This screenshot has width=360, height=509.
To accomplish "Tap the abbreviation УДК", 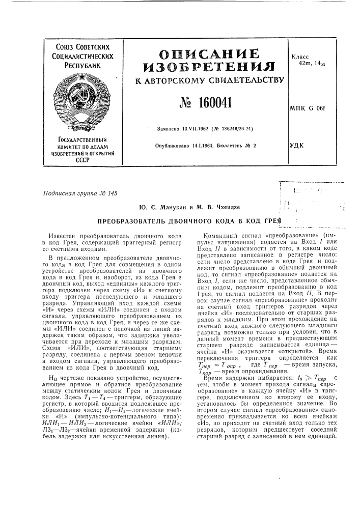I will click(296, 146).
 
